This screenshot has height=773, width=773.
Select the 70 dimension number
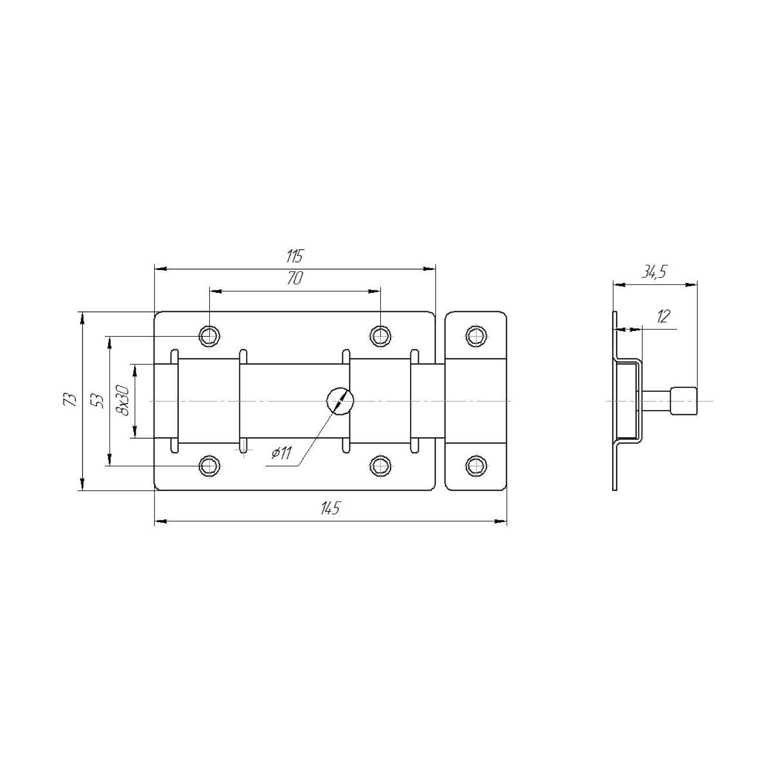point(295,278)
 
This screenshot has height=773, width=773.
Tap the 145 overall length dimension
point(330,508)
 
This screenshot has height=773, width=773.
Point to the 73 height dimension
point(71,399)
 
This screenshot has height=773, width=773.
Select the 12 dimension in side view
point(663,316)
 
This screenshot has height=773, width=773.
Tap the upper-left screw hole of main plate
point(209,334)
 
